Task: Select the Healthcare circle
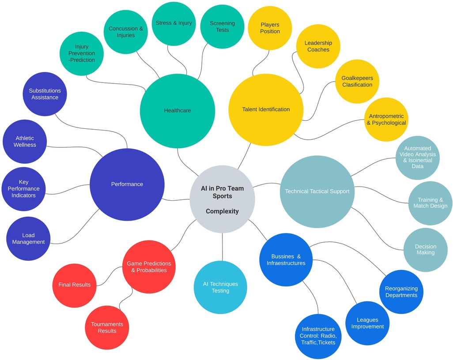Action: pyautogui.click(x=177, y=110)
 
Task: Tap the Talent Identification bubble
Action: pyautogui.click(x=266, y=109)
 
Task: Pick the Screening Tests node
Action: pyautogui.click(x=223, y=26)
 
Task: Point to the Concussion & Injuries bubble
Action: pyautogui.click(x=126, y=32)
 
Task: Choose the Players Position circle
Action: pyautogui.click(x=270, y=28)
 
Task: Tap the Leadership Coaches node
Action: pyautogui.click(x=318, y=46)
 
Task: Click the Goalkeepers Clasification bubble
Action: pyautogui.click(x=357, y=81)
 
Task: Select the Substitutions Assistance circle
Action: pyautogui.click(x=45, y=94)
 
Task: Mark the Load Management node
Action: pyautogui.click(x=28, y=239)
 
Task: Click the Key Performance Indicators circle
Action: pyautogui.click(x=23, y=188)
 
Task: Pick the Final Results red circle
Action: pyautogui.click(x=74, y=285)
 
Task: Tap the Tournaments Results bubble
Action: pyautogui.click(x=107, y=327)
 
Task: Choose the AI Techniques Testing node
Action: pyautogui.click(x=220, y=288)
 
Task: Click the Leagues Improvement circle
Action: pyautogui.click(x=367, y=323)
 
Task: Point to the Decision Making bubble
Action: pyautogui.click(x=426, y=250)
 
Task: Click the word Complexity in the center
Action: pyautogui.click(x=222, y=211)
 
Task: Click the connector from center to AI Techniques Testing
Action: pyautogui.click(x=223, y=247)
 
